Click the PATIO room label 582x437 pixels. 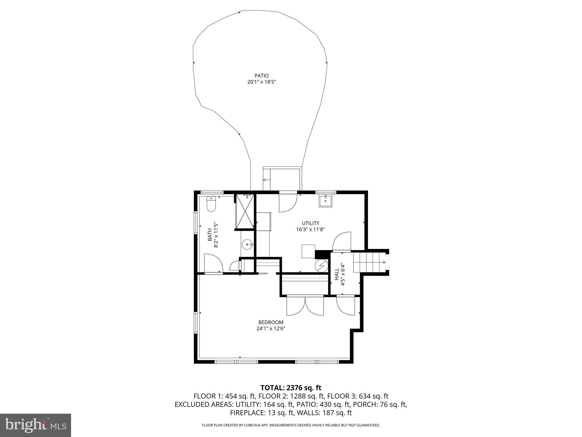(261, 76)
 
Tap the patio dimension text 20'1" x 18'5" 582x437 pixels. (261, 82)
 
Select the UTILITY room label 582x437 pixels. (310, 223)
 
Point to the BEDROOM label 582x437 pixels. (271, 322)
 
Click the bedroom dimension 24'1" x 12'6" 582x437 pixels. (271, 328)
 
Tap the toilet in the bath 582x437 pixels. (211, 205)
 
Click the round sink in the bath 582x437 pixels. (248, 244)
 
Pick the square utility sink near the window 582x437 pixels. (325, 201)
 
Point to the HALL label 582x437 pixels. (336, 275)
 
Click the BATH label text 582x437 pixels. (209, 235)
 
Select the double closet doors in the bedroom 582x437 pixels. (305, 306)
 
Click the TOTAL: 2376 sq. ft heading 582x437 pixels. (291, 387)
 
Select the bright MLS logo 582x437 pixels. (35, 425)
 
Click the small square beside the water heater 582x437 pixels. (308, 251)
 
